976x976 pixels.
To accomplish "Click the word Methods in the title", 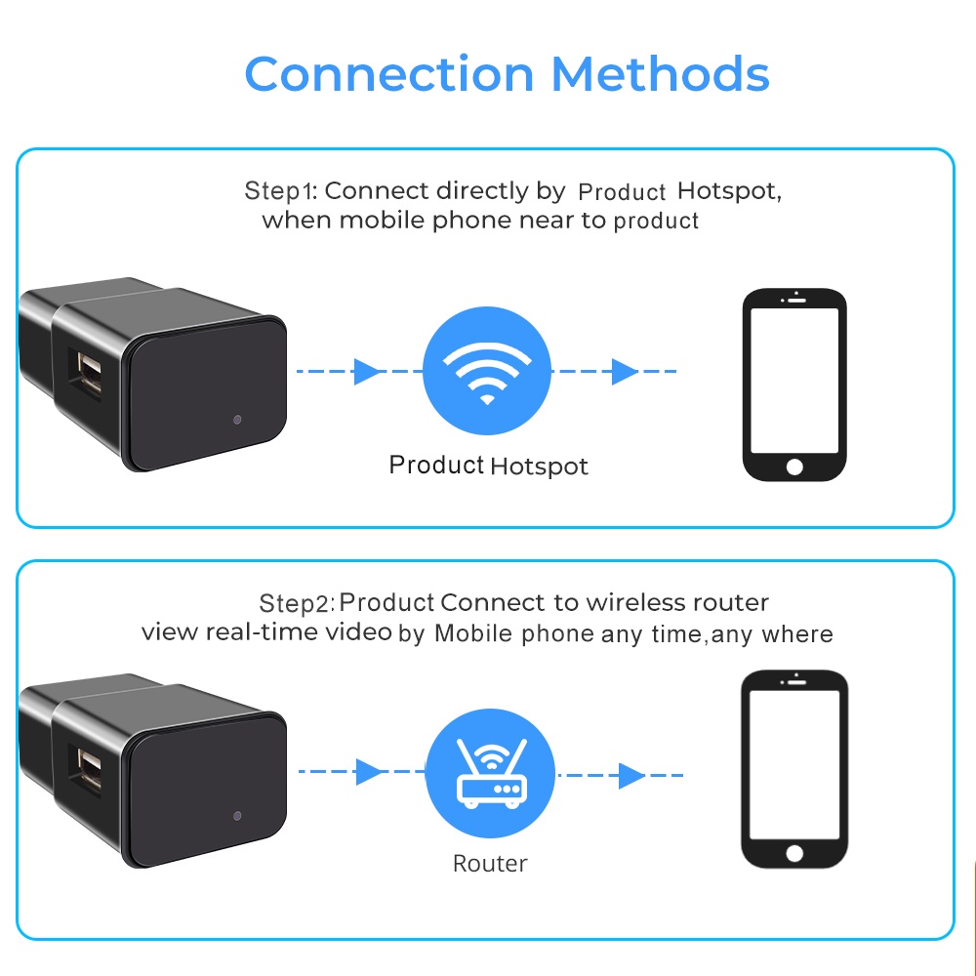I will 661,74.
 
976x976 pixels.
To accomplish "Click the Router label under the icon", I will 490,863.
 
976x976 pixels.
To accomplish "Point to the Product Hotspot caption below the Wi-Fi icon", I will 488,466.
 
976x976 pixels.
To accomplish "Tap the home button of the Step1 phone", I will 794,466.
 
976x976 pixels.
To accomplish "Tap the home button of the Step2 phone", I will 794,853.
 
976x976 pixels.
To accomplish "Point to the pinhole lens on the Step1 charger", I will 238,420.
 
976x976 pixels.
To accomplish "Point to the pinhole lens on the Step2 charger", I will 238,815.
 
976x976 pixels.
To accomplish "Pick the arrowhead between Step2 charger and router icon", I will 370,773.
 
